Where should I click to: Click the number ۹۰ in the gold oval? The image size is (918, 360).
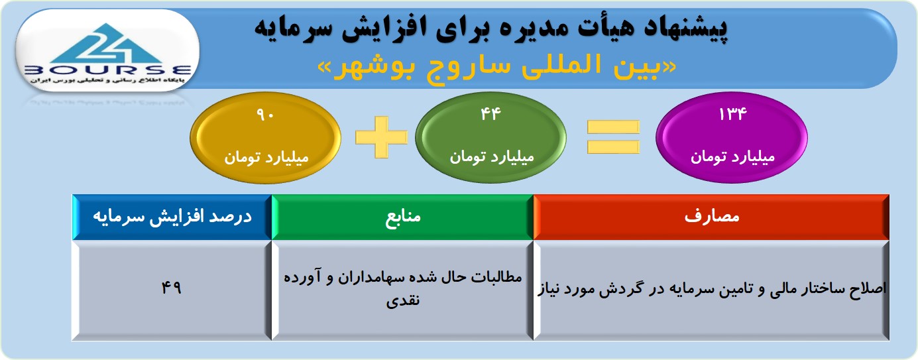(265, 115)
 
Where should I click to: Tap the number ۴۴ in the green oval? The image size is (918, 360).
(490, 114)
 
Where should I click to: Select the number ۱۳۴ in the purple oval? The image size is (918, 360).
(732, 114)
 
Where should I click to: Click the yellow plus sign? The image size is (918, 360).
(381, 137)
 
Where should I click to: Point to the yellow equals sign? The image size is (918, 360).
(613, 137)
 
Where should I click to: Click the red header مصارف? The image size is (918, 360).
(712, 216)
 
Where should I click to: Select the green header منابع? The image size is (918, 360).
(403, 217)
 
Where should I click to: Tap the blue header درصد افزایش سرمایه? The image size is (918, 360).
(172, 217)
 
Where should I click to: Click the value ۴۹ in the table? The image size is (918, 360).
(171, 288)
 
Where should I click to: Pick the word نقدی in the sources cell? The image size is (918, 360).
(403, 300)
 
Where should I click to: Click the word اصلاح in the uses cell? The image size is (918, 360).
(868, 288)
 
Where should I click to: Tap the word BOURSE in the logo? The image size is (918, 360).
(108, 70)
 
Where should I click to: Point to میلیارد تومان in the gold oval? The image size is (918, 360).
(266, 157)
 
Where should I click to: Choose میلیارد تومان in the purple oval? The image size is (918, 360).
(732, 156)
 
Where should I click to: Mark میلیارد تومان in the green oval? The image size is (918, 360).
(492, 156)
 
